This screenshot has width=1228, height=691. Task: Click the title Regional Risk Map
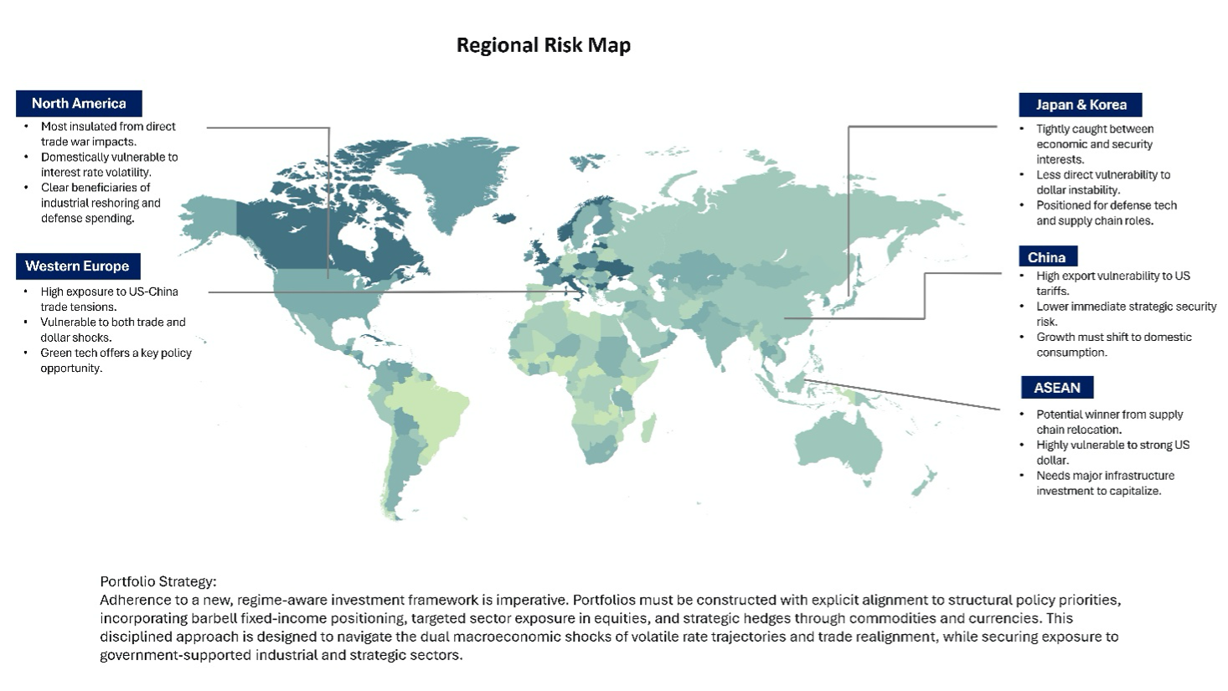tap(543, 45)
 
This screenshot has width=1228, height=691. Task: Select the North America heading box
tap(79, 103)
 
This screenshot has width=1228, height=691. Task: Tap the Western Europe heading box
tap(77, 266)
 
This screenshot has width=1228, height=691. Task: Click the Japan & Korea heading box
tap(1081, 105)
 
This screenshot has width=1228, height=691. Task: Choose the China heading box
tap(1046, 257)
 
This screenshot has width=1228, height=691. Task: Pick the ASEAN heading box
tap(1056, 388)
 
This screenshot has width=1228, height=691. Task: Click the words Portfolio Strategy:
tap(158, 581)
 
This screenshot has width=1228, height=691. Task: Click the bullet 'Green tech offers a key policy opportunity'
tap(116, 360)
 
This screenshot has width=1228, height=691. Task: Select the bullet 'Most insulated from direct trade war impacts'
tap(108, 134)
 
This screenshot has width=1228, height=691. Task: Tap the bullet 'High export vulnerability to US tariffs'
tap(1112, 283)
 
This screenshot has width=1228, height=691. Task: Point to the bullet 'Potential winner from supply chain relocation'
tap(1109, 421)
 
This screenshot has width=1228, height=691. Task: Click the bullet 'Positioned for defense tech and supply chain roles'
tap(1106, 213)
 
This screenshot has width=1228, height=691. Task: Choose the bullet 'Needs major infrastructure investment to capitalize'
tap(1105, 482)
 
